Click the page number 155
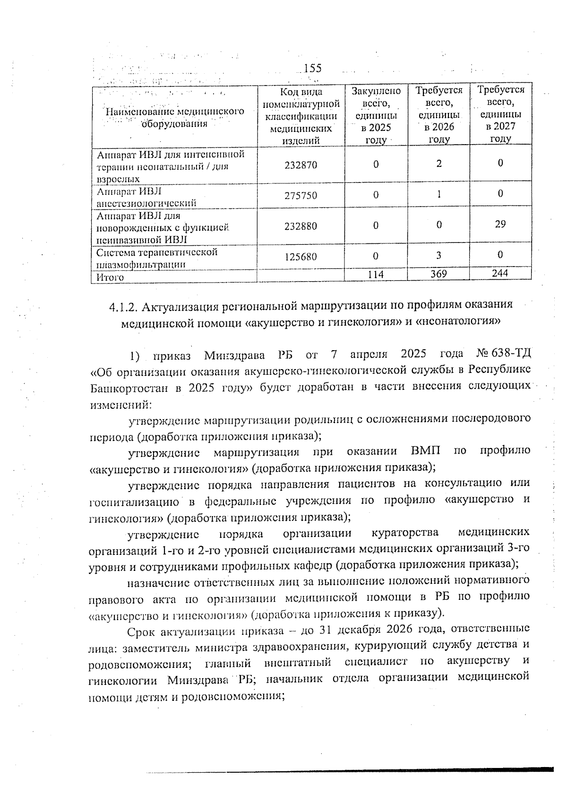coord(312,69)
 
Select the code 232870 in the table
coord(301,165)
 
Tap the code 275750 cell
coord(301,195)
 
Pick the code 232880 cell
coord(301,226)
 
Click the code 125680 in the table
coord(301,257)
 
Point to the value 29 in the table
coord(500,224)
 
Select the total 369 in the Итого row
coord(439,274)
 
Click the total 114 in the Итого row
coord(376,275)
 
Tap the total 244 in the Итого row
coord(500,273)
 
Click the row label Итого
coord(110,277)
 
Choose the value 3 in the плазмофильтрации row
coord(439,255)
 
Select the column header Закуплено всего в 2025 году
coord(376,115)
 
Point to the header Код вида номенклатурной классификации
coord(301,115)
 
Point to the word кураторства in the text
coord(405,533)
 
